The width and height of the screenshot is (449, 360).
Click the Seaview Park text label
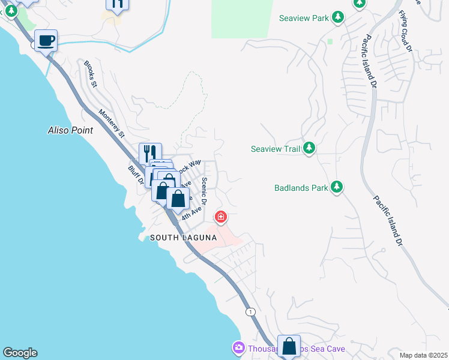(x=304, y=18)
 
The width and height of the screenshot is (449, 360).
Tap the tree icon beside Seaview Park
(x=339, y=17)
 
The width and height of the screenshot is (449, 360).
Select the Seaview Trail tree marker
(x=309, y=148)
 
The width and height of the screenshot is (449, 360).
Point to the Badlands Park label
(x=301, y=188)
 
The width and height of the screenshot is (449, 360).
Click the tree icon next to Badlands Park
(x=337, y=187)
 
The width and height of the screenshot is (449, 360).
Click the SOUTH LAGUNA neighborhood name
(x=182, y=238)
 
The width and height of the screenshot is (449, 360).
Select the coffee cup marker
(x=46, y=41)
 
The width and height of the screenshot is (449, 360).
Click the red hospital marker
(x=221, y=216)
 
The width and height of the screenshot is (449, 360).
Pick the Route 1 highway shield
(x=250, y=311)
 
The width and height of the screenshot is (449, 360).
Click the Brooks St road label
(x=91, y=74)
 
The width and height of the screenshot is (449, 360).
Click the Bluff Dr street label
(x=133, y=176)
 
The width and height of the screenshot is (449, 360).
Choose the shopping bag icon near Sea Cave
(x=289, y=346)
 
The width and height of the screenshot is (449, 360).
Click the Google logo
(x=20, y=353)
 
